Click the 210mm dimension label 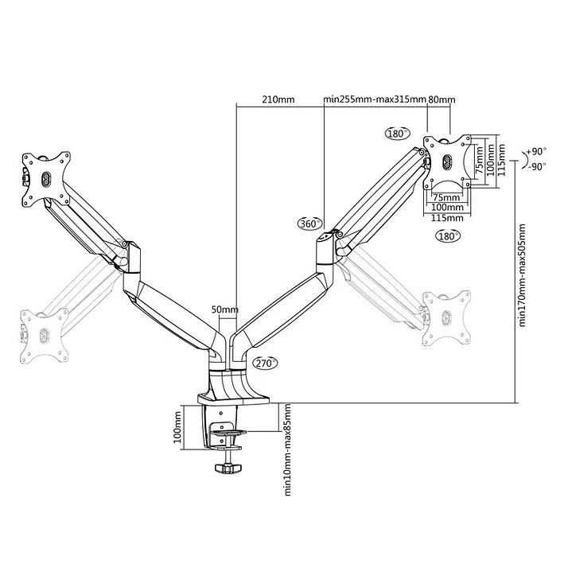(x=278, y=99)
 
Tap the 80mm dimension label (x=442, y=99)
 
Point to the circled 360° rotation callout (x=309, y=223)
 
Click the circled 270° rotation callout (x=265, y=363)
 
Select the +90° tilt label (x=538, y=151)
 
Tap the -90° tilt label (x=538, y=166)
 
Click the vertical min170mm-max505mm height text (x=523, y=275)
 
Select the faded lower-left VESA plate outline (x=41, y=329)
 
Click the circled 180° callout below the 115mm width (x=448, y=237)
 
